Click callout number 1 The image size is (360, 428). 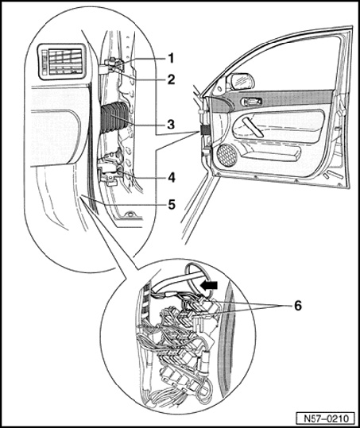click(171, 58)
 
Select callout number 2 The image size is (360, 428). click(171, 79)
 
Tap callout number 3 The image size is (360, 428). click(171, 125)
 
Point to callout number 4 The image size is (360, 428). click(172, 178)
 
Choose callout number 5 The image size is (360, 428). click(172, 204)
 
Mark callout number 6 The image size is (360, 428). click(298, 305)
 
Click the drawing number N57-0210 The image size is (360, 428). click(327, 418)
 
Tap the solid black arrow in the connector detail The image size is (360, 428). click(209, 285)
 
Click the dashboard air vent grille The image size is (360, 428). click(61, 62)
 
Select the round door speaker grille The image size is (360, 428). click(226, 155)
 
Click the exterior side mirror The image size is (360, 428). click(240, 81)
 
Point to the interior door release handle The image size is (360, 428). click(252, 102)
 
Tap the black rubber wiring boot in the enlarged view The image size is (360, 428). click(114, 118)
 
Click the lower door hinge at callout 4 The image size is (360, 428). click(109, 173)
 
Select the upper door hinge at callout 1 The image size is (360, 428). click(111, 67)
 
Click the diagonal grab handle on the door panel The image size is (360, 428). click(253, 127)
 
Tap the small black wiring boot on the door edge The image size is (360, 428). click(203, 130)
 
